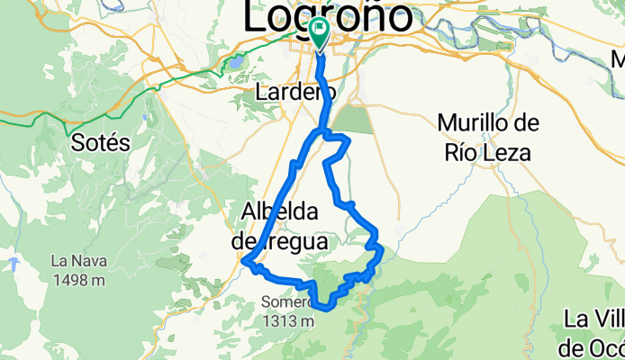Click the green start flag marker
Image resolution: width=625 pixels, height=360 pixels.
[x=320, y=31]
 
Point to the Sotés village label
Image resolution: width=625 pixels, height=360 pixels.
[x=100, y=142]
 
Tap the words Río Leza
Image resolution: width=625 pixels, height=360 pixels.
[x=486, y=152]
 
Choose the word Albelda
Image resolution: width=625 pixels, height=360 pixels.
[x=279, y=213]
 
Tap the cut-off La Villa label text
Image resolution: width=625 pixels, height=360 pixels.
[x=595, y=319]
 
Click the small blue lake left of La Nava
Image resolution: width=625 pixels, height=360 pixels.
[x=14, y=264]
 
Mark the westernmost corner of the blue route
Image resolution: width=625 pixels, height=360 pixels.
[x=244, y=261]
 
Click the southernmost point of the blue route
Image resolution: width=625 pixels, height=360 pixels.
[x=322, y=308]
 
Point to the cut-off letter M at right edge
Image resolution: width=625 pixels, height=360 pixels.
[x=618, y=61]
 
